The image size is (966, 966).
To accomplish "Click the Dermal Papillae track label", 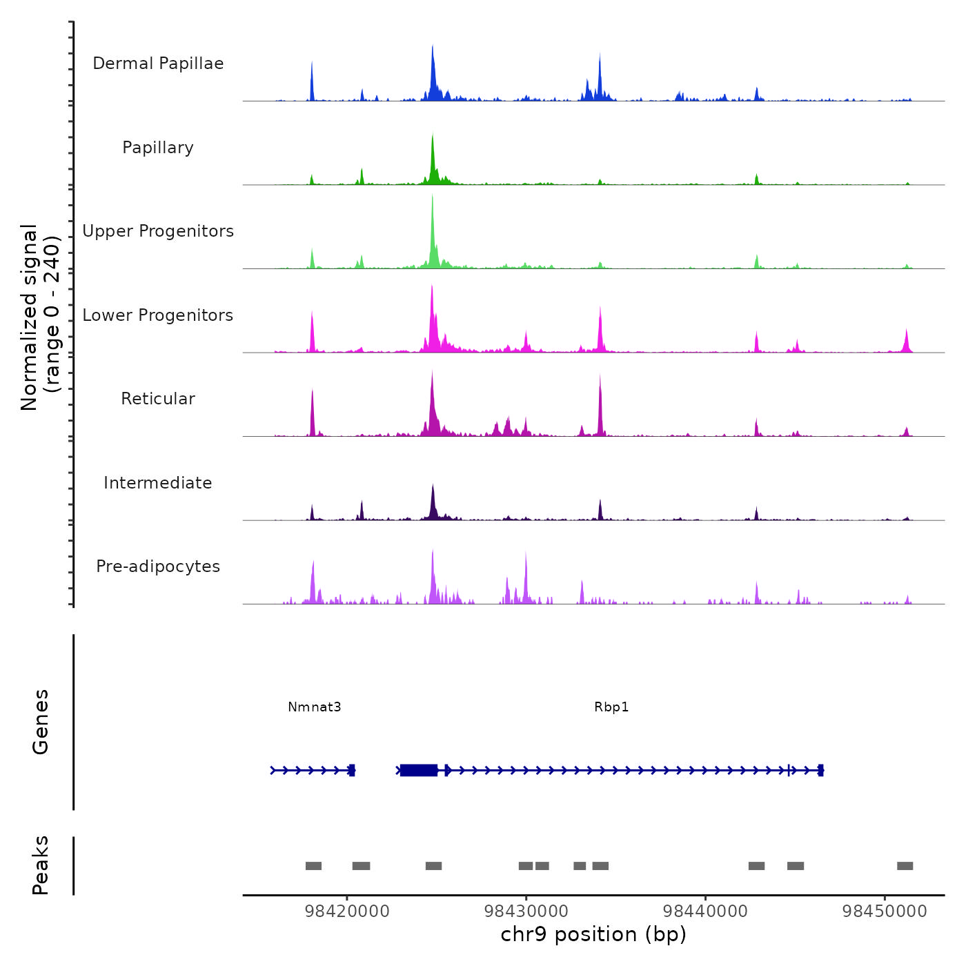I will tap(158, 63).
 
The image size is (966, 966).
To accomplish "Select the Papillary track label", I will tap(158, 148).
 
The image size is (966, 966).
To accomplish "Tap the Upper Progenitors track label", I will tap(158, 231).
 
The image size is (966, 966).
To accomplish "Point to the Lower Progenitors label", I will tap(158, 315).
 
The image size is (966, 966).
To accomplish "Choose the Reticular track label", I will tap(158, 399).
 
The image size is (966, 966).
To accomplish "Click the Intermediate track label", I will tap(158, 483).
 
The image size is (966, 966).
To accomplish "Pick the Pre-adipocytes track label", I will tap(158, 566).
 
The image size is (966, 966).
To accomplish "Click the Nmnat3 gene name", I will tap(315, 707).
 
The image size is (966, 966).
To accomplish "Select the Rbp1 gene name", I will tap(611, 707).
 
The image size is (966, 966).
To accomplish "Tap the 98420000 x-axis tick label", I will tap(347, 911).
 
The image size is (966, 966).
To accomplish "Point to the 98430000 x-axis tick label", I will tap(526, 911).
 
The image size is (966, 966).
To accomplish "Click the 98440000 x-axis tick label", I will tap(705, 911).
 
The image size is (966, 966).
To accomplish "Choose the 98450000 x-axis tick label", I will tap(885, 911).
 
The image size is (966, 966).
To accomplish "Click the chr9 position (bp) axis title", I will tap(593, 934).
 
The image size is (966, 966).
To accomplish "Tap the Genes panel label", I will tap(41, 722).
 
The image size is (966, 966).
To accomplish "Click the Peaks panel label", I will tap(41, 865).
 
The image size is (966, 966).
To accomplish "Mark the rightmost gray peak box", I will tap(905, 866).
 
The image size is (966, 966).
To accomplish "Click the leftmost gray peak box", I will tap(313, 866).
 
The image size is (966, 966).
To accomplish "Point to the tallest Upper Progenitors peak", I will tap(433, 207).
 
